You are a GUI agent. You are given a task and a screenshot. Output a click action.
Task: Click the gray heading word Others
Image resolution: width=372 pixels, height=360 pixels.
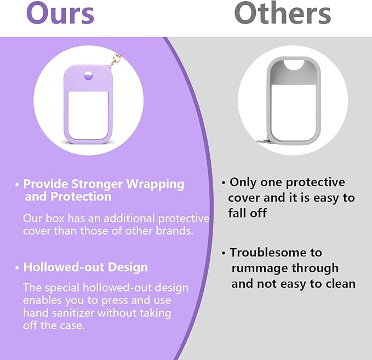click(x=282, y=13)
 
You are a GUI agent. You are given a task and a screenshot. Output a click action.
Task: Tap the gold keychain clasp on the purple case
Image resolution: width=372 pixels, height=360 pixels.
click(x=115, y=60)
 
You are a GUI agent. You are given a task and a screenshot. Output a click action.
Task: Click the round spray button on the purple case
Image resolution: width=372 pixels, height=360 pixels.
click(x=88, y=76)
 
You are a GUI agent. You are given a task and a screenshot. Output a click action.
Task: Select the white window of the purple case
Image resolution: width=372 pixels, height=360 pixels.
click(x=88, y=115)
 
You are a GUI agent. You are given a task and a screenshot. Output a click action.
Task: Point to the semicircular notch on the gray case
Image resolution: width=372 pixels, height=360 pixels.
click(x=294, y=65)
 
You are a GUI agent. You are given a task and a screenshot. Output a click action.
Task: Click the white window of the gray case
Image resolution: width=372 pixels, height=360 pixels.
click(x=294, y=113)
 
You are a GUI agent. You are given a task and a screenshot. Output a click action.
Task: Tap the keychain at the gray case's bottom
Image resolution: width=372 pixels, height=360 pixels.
click(x=263, y=142)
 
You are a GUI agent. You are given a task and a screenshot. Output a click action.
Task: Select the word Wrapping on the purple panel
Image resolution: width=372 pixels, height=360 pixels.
click(x=155, y=185)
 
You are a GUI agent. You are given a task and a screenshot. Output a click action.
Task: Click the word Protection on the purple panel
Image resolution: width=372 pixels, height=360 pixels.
click(x=81, y=197)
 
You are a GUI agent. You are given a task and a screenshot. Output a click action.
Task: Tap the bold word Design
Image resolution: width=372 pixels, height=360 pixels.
click(x=128, y=268)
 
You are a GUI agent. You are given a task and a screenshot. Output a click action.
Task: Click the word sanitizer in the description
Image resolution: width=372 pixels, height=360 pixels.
click(x=73, y=313)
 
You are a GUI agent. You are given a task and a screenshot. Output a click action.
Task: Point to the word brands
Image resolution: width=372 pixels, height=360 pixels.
click(x=174, y=231)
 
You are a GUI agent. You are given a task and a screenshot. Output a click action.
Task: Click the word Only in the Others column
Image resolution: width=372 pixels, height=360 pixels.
click(x=243, y=182)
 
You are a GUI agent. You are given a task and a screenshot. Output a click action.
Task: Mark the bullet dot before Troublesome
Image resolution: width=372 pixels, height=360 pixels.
click(x=223, y=253)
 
